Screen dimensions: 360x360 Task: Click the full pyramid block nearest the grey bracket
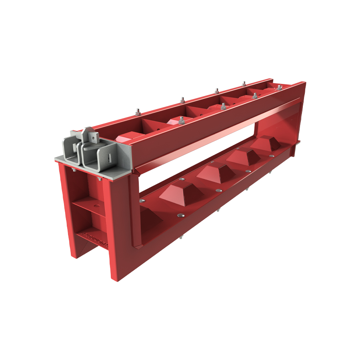pyautogui.click(x=181, y=193)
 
